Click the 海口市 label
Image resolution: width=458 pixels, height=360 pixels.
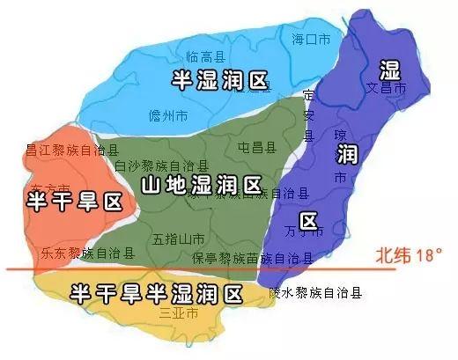[x=310, y=38]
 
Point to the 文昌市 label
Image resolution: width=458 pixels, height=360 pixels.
[x=387, y=89]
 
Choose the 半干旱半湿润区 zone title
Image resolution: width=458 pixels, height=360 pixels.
[x=156, y=290]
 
